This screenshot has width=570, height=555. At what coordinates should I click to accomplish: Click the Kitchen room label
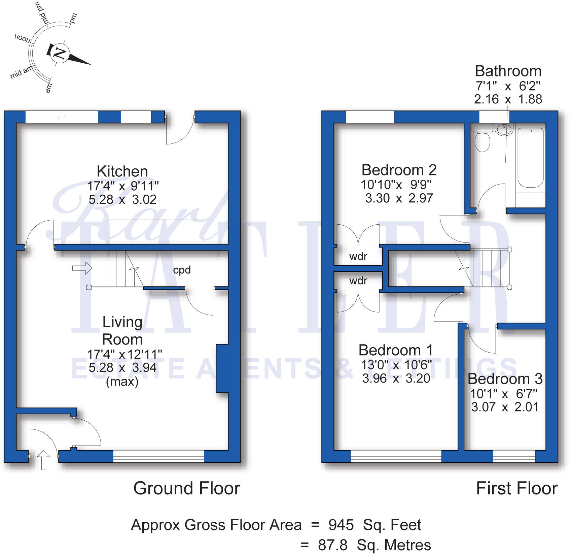click(122, 171)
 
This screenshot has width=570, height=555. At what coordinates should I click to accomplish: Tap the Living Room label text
click(122, 331)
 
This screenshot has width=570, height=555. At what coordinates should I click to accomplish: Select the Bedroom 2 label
click(399, 170)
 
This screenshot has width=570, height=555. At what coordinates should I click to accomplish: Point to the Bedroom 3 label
click(505, 379)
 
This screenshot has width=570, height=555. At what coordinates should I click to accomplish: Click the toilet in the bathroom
click(482, 141)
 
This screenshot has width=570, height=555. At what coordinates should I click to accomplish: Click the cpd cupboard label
click(182, 270)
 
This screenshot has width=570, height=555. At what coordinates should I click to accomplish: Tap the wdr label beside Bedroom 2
click(358, 257)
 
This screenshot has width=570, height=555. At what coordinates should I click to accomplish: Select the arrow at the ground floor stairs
click(82, 268)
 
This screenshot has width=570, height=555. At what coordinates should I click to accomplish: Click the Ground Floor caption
click(187, 488)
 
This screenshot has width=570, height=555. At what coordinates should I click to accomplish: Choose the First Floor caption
click(516, 488)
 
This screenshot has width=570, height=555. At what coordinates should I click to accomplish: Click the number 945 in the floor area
click(341, 525)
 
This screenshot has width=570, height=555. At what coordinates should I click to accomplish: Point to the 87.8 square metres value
click(332, 545)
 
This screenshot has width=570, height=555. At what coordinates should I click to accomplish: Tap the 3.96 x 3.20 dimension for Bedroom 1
click(396, 379)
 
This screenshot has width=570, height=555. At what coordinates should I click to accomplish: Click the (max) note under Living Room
click(122, 382)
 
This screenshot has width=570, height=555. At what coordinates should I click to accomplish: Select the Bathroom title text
click(508, 71)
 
